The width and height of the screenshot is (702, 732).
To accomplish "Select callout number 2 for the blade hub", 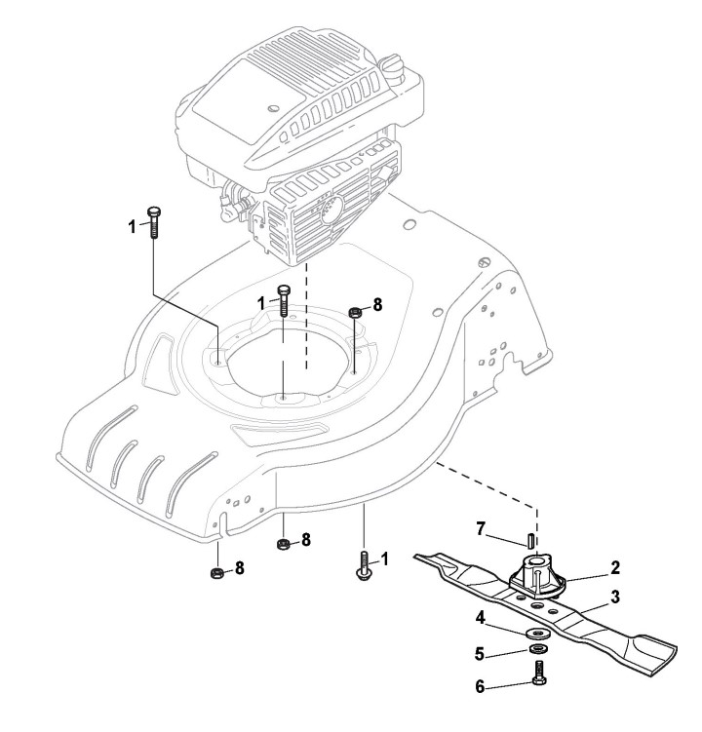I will point(614,565).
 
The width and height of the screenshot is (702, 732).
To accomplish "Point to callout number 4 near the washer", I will point(480,616).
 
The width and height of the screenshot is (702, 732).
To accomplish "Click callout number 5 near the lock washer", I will point(480,651).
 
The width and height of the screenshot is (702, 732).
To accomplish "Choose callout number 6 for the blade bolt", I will point(480,685).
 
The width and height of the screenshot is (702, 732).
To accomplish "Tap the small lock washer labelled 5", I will point(537,647).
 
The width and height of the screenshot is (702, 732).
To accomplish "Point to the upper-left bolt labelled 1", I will point(153,221).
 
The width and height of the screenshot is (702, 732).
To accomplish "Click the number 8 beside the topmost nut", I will point(377,303).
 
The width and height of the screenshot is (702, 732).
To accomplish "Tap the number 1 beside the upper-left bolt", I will point(133,227).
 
